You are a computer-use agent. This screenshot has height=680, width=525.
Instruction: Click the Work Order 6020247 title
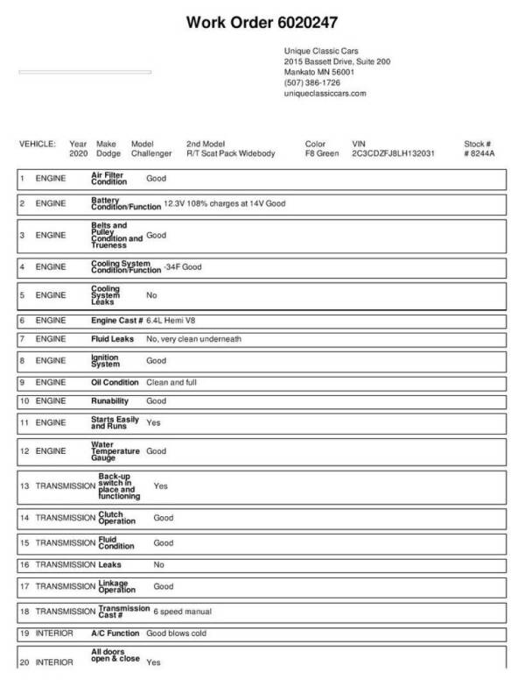point(262,21)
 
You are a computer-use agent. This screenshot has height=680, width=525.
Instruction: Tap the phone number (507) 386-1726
point(312,82)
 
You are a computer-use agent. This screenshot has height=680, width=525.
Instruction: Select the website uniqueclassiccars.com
point(325,93)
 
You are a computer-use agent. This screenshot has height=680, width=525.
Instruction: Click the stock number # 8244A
point(479,153)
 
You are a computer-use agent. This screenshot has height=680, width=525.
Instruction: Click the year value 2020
point(79,153)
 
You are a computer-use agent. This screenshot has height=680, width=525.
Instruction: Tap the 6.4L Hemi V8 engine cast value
point(175,321)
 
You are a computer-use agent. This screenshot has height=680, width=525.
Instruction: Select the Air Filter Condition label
point(109,179)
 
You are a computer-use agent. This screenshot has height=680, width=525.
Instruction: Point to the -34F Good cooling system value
point(182,266)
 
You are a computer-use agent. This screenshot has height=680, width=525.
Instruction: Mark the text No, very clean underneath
point(193,338)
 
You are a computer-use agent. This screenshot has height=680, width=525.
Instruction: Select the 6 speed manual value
point(182,611)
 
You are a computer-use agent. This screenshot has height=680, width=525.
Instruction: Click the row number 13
point(24,485)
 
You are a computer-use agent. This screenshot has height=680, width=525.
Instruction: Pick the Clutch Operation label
point(111,518)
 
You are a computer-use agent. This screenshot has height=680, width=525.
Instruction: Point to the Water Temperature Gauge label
point(115,450)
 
